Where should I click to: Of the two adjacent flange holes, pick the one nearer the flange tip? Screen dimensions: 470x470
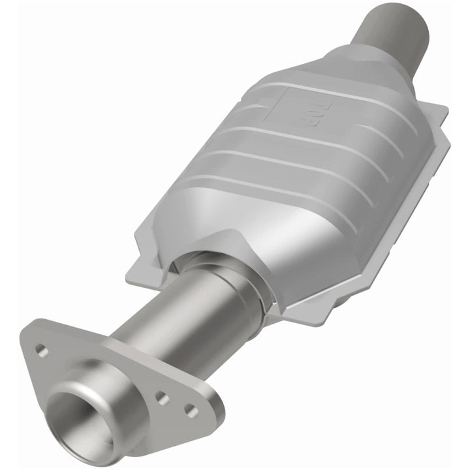click(x=189, y=410)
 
